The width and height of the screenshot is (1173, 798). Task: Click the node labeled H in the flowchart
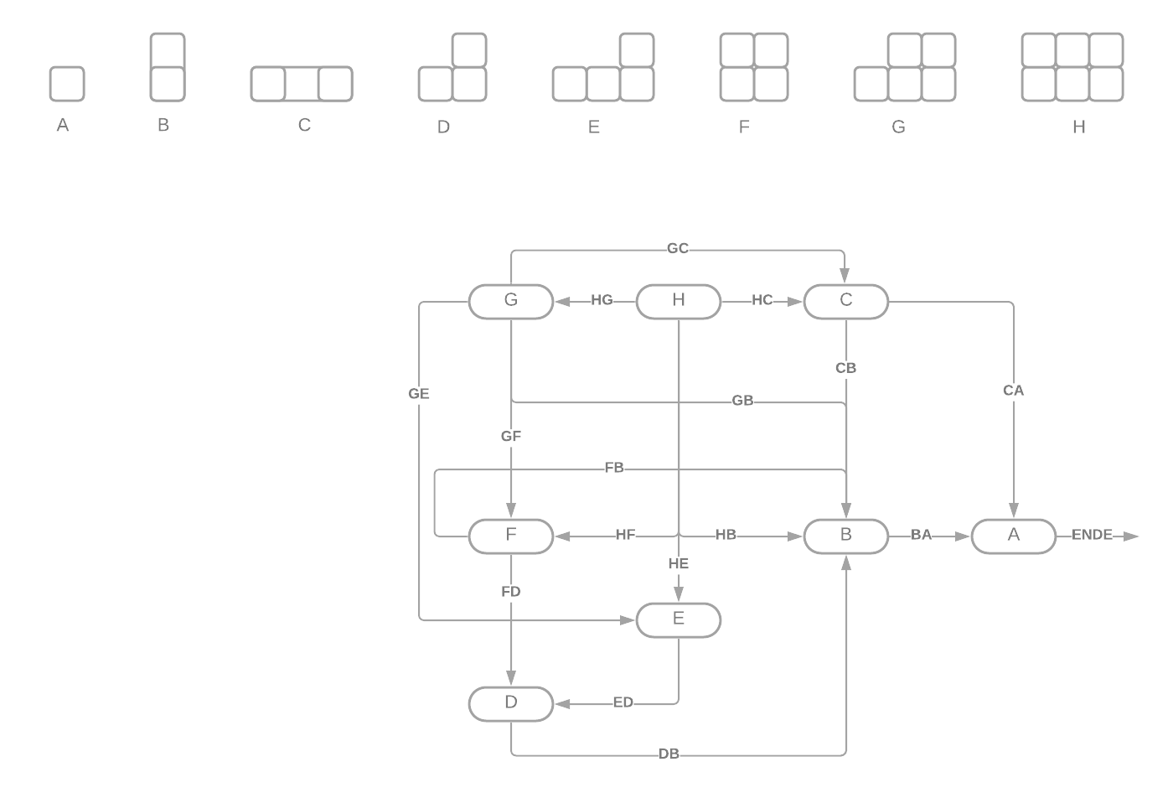point(679,301)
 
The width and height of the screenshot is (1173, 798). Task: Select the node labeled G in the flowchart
point(511,301)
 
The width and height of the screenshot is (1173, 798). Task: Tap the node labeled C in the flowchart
point(846,301)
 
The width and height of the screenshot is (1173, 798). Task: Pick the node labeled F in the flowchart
point(511,536)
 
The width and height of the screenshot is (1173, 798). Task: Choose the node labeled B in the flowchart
point(846,536)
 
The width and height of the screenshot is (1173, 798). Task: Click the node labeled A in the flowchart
point(1014,536)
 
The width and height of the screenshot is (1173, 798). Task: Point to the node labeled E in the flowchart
point(679,619)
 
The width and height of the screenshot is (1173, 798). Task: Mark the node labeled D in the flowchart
point(511,703)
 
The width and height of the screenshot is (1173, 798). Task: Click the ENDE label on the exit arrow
point(1093,535)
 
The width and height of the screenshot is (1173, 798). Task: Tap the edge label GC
point(678,248)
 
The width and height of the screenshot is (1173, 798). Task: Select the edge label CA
point(1013,391)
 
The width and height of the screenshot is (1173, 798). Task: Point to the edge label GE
point(419,393)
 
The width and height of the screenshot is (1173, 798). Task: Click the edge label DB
point(669,754)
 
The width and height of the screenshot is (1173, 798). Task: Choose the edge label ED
point(623,702)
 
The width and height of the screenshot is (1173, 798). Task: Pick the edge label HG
point(602,300)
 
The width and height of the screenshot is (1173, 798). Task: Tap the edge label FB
point(614,468)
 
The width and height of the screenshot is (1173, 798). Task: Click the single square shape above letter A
point(67,84)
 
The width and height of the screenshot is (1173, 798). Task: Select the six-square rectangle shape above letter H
point(1072,67)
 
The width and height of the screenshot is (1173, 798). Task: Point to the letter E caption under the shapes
point(594,127)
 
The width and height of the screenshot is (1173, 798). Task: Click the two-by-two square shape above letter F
point(754,67)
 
